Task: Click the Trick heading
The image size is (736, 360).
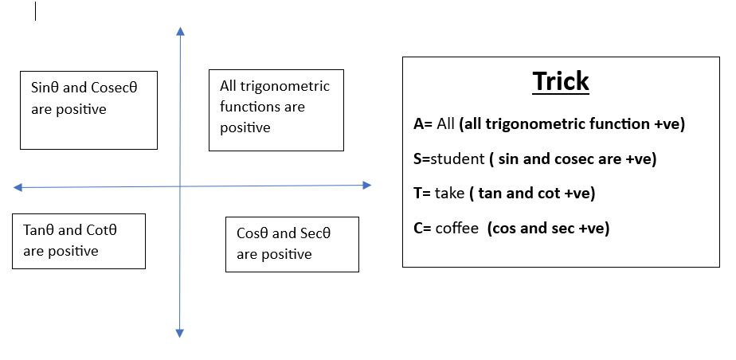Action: point(561,81)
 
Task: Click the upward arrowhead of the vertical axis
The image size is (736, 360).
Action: point(180,31)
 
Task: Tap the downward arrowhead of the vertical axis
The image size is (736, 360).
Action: point(179,333)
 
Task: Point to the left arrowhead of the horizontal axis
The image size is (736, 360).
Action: point(18,188)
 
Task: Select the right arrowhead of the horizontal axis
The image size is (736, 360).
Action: point(367,186)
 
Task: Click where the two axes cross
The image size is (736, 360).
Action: point(180,186)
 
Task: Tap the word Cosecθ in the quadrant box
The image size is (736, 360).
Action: point(114,88)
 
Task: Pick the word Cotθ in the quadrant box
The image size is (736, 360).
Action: point(102,230)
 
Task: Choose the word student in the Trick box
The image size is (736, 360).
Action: point(458,159)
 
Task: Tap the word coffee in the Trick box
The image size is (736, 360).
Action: point(457,228)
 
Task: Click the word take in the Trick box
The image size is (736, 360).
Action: point(450,194)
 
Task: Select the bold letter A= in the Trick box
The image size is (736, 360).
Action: point(423,124)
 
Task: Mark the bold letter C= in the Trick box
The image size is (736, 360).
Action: point(422,228)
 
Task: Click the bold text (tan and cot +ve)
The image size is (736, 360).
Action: point(532,194)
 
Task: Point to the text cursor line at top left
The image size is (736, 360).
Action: point(35,11)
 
